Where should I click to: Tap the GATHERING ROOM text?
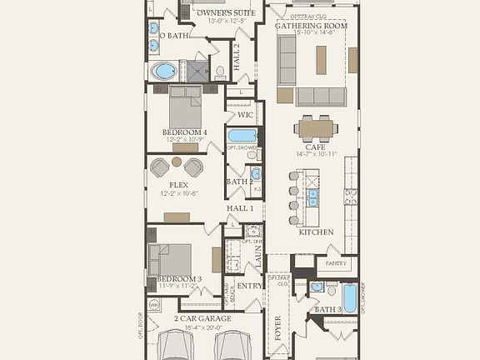(311, 26)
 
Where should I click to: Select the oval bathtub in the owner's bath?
(164, 70)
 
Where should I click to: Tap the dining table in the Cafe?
(317, 127)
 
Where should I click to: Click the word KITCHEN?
(316, 232)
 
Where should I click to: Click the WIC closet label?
(245, 115)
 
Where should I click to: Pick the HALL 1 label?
(239, 207)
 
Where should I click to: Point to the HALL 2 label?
(237, 56)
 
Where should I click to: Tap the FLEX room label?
(178, 185)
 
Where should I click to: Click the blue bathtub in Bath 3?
(349, 297)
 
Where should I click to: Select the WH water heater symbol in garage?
(154, 305)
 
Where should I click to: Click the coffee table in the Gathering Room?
(321, 59)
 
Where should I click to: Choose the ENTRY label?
(250, 286)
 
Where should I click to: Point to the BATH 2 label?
(239, 181)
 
